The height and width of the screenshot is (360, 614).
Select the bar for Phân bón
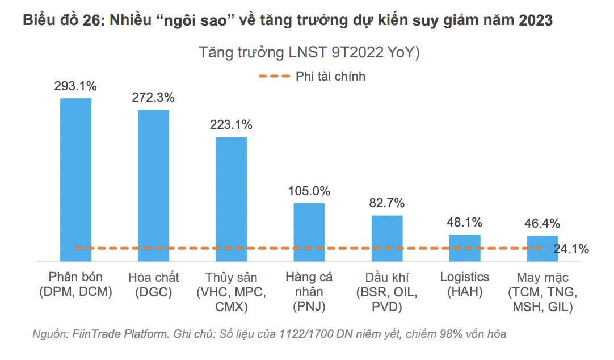click(75, 179)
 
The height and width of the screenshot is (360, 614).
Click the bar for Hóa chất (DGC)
click(154, 185)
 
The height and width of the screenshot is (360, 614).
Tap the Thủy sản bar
click(232, 199)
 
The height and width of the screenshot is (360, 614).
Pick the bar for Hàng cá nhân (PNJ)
click(309, 232)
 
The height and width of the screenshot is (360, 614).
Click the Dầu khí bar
click(387, 238)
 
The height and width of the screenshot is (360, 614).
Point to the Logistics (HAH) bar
click(465, 248)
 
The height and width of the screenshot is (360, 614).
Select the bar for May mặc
click(542, 248)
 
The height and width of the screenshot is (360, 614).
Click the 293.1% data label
click(75, 86)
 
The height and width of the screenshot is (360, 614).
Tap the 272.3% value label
click(153, 97)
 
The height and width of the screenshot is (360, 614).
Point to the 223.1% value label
click(231, 125)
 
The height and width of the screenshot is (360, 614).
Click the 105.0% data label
click(309, 191)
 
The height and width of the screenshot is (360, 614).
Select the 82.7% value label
click(387, 203)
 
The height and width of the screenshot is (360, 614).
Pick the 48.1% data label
click(465, 222)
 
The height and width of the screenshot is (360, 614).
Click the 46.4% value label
click(542, 223)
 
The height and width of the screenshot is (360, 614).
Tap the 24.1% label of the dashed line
click(571, 249)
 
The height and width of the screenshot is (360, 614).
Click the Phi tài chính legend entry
click(330, 77)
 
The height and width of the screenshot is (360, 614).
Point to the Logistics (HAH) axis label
click(465, 284)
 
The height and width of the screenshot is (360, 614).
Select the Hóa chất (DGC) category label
click(154, 284)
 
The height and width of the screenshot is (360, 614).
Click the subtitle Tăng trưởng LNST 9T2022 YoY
click(309, 53)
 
